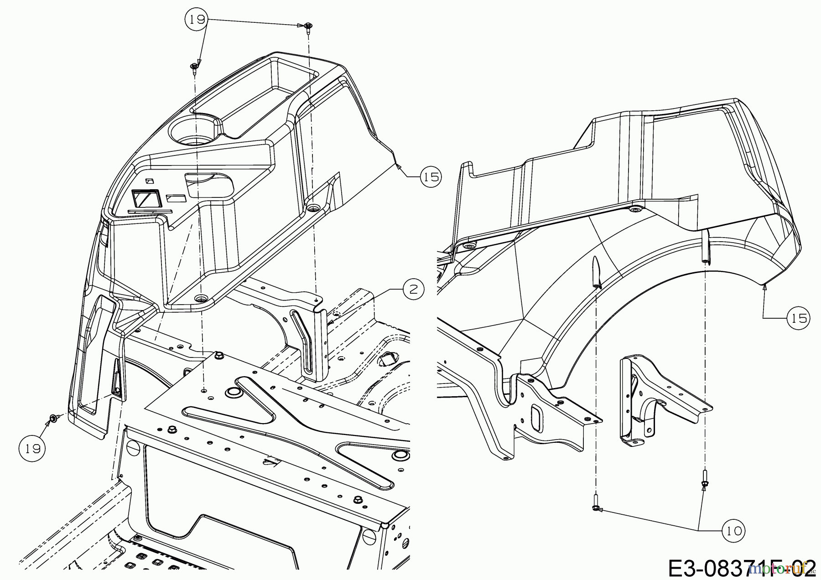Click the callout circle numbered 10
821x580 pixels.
pos(733,530)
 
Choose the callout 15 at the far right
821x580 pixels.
pos(798,318)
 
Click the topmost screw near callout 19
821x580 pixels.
pos(307,26)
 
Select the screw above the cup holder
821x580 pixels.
pos(194,67)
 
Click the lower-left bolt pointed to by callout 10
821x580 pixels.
pos(596,507)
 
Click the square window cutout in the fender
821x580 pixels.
pos(145,199)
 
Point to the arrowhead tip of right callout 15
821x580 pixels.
pos(764,286)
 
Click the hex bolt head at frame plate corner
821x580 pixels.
pos(219,354)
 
